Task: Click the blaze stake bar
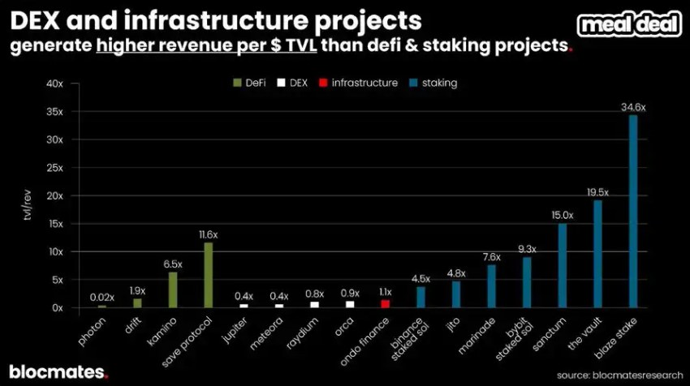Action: pos(633,212)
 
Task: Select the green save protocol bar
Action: pos(208,276)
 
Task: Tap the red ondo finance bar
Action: pos(386,303)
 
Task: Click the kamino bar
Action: pos(172,289)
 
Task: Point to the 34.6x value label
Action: pos(633,107)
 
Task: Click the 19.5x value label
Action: pos(597,192)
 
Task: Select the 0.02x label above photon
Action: pos(101,298)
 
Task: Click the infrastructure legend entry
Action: pos(360,83)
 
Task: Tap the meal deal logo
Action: pos(629,25)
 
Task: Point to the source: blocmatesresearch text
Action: pos(619,375)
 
